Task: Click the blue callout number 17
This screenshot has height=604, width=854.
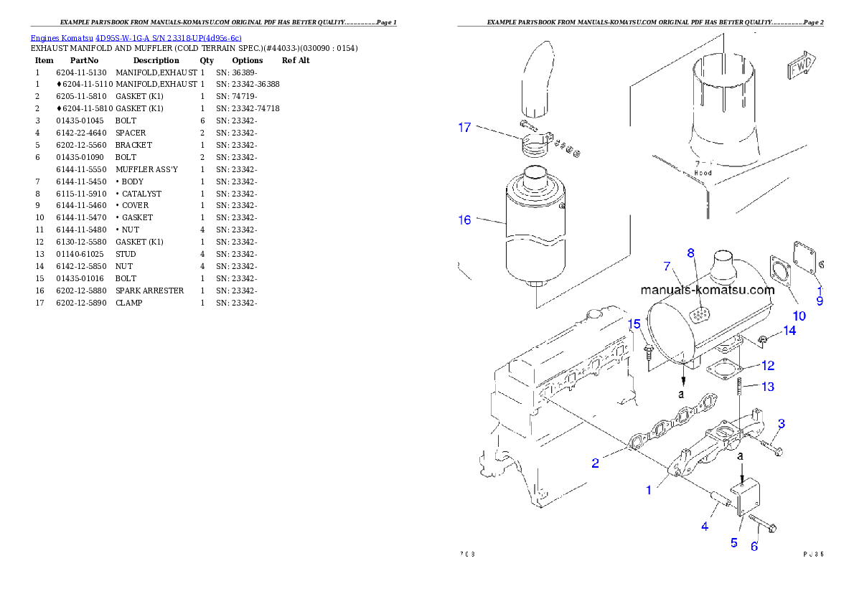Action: pyautogui.click(x=464, y=128)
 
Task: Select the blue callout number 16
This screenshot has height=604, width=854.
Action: pyautogui.click(x=464, y=220)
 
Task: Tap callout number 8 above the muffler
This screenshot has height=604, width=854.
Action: pyautogui.click(x=690, y=253)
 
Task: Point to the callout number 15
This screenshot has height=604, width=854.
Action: pyautogui.click(x=634, y=324)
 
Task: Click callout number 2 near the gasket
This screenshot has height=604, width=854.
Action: pyautogui.click(x=595, y=463)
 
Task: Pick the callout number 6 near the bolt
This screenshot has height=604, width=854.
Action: pyautogui.click(x=754, y=547)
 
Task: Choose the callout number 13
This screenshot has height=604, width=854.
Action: pyautogui.click(x=768, y=387)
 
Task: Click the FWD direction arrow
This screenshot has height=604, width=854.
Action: pyautogui.click(x=800, y=67)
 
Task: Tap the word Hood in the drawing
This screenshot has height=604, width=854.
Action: pyautogui.click(x=703, y=173)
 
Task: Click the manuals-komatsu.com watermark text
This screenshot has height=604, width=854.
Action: pyautogui.click(x=708, y=291)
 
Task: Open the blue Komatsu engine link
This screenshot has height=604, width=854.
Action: pyautogui.click(x=136, y=37)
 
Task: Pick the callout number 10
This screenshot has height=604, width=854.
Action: pyautogui.click(x=799, y=315)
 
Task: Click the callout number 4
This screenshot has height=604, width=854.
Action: pyautogui.click(x=705, y=527)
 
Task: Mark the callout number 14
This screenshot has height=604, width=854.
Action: pyautogui.click(x=789, y=331)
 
